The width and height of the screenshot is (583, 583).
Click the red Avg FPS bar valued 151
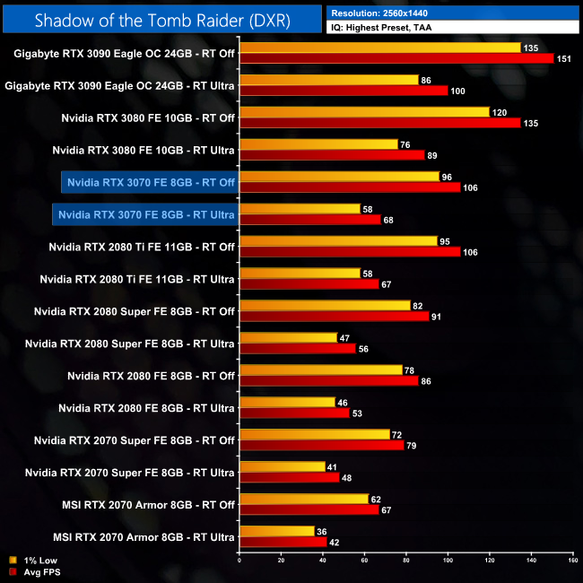click(396, 58)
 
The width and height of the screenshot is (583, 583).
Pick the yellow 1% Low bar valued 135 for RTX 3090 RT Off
click(380, 48)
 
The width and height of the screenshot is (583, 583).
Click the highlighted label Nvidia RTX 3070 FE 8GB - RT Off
click(149, 182)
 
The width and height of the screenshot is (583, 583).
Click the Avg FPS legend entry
click(31, 570)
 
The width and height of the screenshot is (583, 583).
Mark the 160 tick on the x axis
click(572, 561)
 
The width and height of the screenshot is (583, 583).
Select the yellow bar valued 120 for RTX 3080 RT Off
click(364, 112)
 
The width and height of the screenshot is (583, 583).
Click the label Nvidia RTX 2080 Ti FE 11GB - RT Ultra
click(137, 279)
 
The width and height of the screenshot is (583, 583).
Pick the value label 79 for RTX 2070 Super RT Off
click(414, 446)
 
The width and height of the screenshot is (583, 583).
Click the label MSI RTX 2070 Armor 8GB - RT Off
click(144, 505)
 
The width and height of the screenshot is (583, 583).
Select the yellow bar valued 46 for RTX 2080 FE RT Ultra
click(287, 402)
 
